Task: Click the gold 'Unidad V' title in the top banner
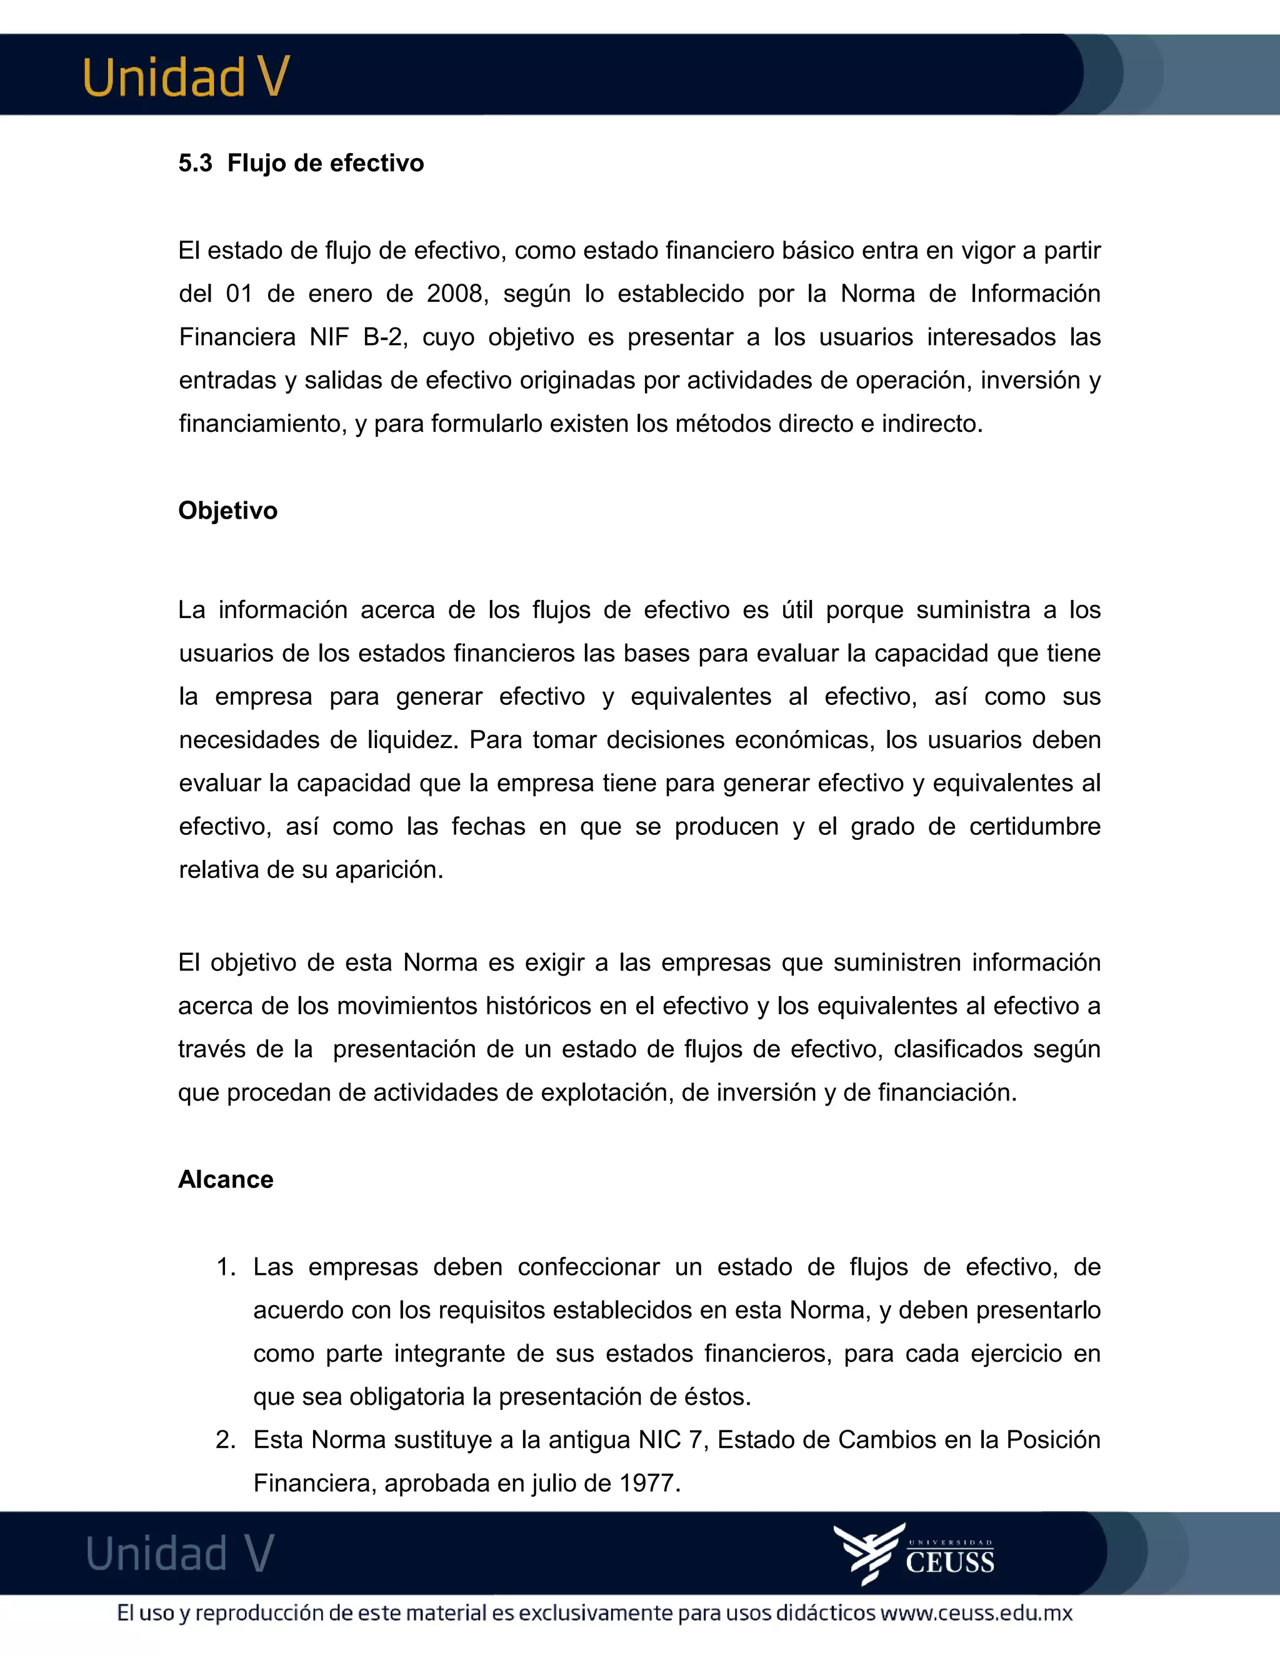point(186,77)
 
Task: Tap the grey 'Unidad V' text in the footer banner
point(180,1554)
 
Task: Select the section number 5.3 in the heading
point(195,163)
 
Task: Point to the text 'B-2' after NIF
point(383,337)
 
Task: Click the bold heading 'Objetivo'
point(227,511)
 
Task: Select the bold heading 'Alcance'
point(225,1179)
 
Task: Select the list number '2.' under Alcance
point(226,1439)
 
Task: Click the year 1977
point(647,1482)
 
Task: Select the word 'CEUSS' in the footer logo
point(949,1563)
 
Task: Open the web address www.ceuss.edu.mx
point(976,1613)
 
